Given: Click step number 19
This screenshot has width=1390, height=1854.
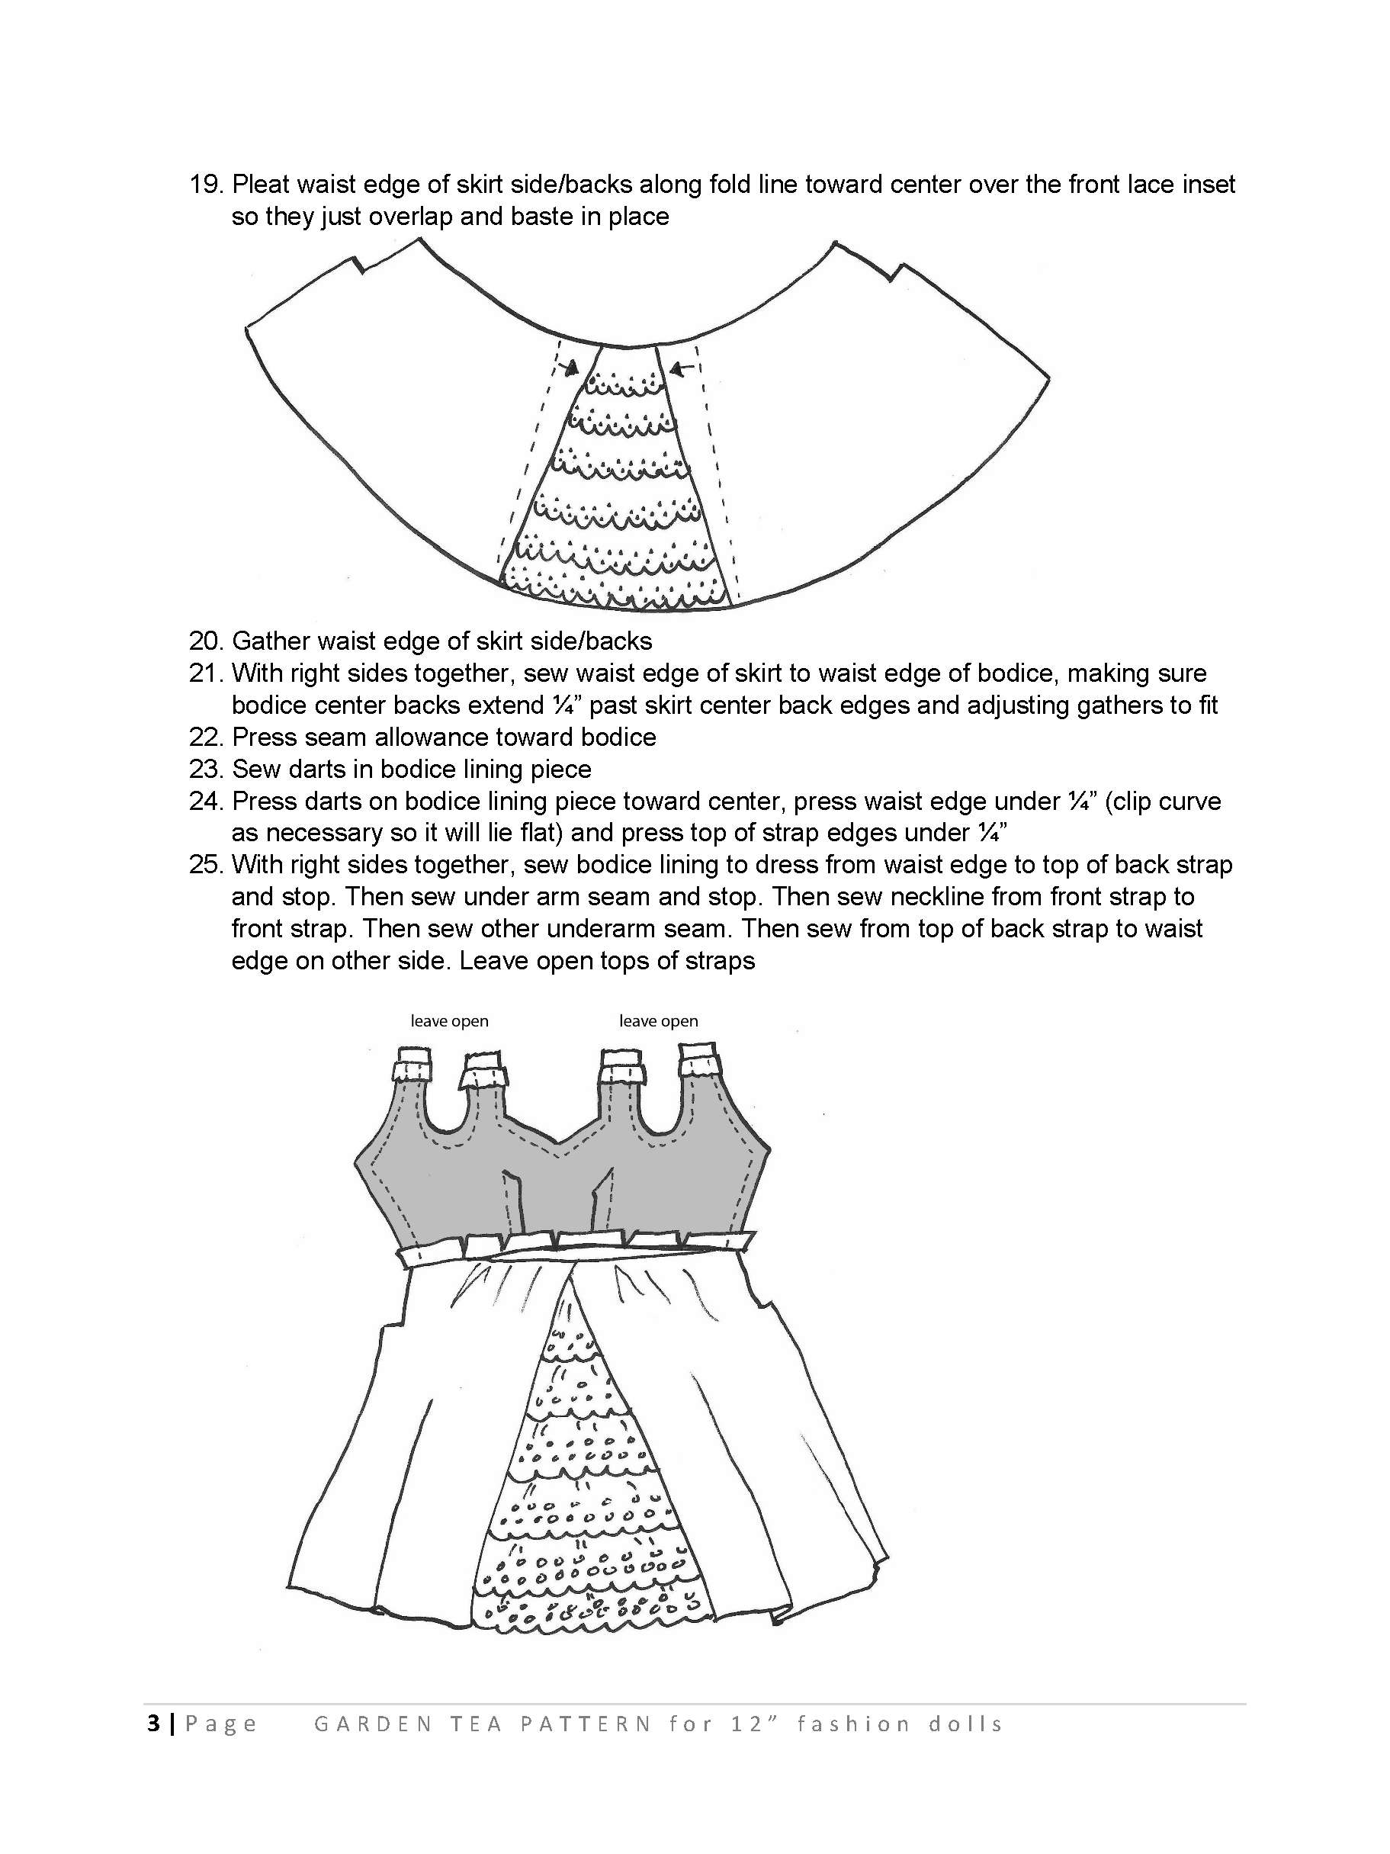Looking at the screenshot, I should point(205,185).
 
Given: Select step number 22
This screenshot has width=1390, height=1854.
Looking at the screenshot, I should point(205,737).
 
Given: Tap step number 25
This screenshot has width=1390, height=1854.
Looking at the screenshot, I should point(205,865).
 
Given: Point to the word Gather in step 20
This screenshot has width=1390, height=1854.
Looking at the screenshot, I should point(271,641).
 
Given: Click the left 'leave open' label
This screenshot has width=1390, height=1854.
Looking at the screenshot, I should point(449,1021).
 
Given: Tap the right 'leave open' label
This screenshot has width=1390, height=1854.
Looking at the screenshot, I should point(659,1021).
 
